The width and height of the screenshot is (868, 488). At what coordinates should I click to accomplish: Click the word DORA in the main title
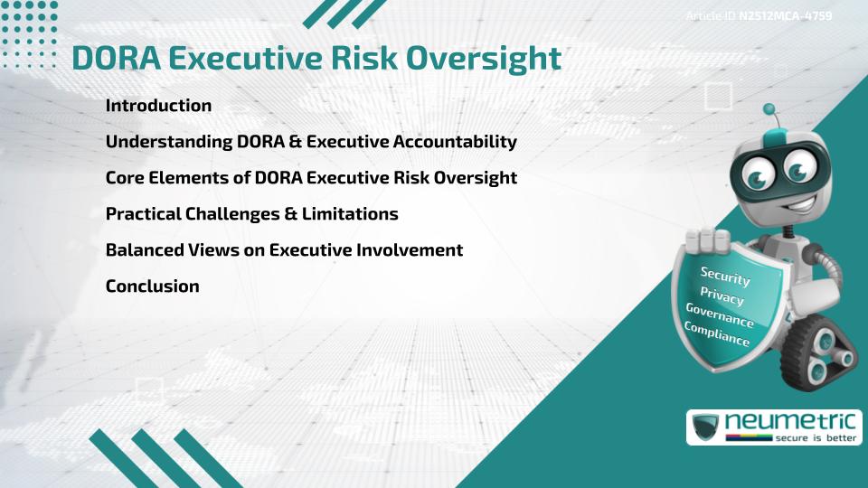[x=114, y=58]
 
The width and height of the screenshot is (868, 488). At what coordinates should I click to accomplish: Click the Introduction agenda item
[x=158, y=106]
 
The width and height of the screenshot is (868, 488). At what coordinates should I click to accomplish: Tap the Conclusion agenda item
[x=152, y=286]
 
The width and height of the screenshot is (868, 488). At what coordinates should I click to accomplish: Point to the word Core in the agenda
[x=125, y=178]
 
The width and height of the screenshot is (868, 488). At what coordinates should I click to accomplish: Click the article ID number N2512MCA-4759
[x=785, y=16]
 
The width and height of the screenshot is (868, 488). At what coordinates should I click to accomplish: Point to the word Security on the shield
[x=725, y=276]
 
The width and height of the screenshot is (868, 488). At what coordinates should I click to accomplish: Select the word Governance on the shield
[x=719, y=315]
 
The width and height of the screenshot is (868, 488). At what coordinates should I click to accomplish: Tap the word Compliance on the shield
[x=716, y=334]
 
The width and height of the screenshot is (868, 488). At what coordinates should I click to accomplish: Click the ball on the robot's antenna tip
[x=769, y=109]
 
